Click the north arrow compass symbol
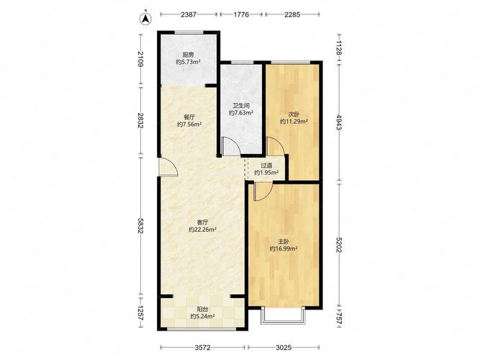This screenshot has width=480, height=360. tap(146, 19)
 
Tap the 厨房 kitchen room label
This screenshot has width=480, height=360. tap(188, 55)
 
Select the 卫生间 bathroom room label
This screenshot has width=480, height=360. tap(241, 106)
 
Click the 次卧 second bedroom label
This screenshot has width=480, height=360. tap(294, 114)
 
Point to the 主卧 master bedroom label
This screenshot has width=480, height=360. tap(284, 242)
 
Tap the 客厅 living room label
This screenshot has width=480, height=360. tap(202, 222)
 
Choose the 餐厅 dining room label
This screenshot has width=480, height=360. tap(189, 117)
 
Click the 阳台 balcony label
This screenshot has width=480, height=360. tap(202, 309)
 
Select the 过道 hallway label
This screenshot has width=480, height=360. tap(266, 166)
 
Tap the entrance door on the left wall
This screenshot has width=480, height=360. tap(168, 166)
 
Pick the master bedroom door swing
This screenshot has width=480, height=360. tap(263, 192)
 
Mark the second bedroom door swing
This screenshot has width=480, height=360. tap(276, 146)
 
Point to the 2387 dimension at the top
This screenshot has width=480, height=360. tap(189, 14)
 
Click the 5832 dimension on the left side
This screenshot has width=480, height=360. tap(140, 226)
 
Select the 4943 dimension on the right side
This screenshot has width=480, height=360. tap(339, 122)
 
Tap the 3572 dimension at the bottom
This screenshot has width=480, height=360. tap(203, 348)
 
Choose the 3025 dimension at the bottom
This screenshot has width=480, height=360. tap(284, 348)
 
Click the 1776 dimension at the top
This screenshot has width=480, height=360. tap(241, 14)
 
